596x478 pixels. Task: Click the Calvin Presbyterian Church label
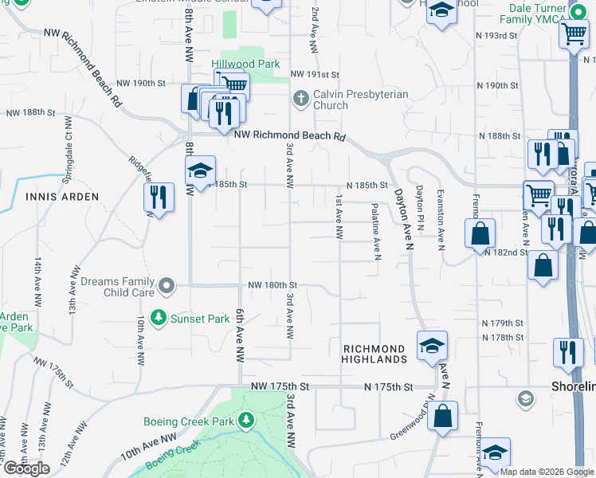coord(360,100)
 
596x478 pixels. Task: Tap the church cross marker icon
coord(300,98)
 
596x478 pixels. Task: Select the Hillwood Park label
coord(245,64)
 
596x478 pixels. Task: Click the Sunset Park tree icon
coord(159,319)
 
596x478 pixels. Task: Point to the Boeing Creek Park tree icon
coord(247,420)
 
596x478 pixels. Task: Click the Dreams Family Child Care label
coord(115,286)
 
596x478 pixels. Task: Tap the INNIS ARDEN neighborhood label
coord(62,196)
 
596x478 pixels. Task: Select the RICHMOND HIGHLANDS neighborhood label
coord(375,355)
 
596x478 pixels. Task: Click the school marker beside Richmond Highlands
coord(433,347)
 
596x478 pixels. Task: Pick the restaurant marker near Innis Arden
coord(159,196)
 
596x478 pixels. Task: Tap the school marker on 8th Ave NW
coord(201,170)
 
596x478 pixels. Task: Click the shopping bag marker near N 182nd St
coord(480,235)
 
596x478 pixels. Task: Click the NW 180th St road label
coord(272,284)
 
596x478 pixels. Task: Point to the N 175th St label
coord(389,386)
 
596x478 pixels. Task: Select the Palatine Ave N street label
coord(376,230)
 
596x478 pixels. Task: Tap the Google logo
coord(26,468)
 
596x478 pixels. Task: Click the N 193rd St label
coord(496,36)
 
